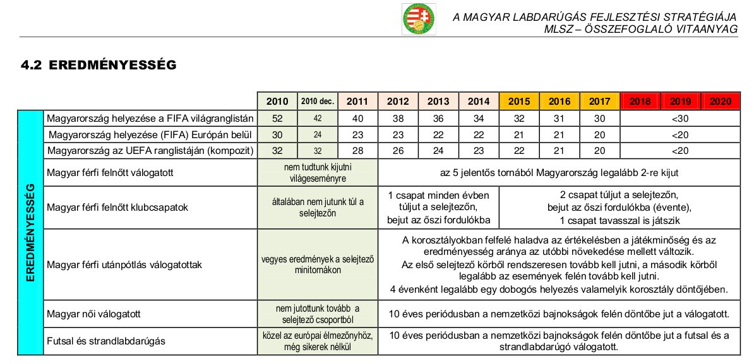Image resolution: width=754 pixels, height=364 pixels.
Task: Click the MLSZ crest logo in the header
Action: point(419,20)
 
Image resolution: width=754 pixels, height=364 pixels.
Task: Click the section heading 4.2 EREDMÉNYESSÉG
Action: point(98,64)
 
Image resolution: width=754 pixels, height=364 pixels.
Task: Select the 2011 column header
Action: point(357,102)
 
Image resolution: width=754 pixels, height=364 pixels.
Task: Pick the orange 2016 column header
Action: point(560,102)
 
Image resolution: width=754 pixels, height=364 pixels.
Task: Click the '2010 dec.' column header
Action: point(317,102)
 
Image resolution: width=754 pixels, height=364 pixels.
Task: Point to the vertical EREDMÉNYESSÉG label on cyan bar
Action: point(30,232)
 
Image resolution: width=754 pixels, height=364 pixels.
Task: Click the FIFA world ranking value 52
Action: point(277,118)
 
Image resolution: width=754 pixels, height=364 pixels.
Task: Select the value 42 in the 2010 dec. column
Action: point(317,118)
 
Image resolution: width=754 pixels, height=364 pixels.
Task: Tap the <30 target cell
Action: point(679,118)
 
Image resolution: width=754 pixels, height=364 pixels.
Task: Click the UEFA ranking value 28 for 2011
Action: point(357,150)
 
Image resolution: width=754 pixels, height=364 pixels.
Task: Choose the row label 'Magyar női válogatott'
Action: point(93,313)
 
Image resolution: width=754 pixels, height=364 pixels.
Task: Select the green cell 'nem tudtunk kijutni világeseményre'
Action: point(318,172)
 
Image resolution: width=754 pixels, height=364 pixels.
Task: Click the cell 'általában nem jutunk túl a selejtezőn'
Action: point(318,207)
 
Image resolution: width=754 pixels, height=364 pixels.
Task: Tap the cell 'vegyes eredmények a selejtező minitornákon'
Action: point(318,264)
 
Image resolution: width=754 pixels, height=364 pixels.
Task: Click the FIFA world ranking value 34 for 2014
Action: point(479,118)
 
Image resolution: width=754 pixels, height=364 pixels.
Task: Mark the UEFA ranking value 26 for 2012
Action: point(398,150)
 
